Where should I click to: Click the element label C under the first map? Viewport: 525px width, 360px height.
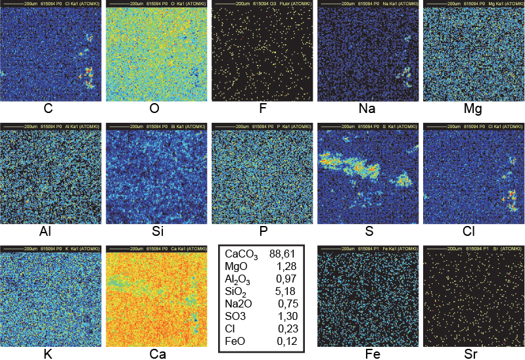[48, 109]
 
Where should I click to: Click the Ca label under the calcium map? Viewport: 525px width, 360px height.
[158, 354]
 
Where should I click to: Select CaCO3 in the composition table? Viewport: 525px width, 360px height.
[241, 255]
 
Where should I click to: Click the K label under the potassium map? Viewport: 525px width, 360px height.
[48, 354]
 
